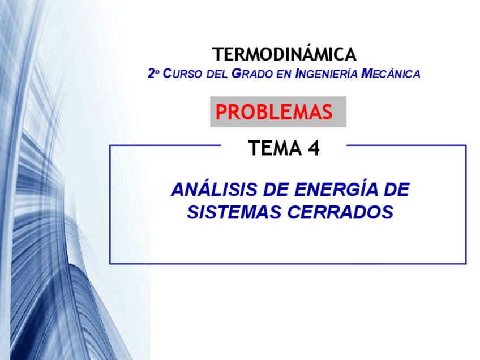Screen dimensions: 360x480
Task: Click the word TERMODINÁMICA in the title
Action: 284,54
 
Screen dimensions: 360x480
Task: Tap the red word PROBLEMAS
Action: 274,112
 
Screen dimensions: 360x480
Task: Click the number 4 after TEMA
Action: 314,148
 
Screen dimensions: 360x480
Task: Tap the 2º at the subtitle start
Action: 153,74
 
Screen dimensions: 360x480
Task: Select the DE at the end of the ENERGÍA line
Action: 396,189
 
